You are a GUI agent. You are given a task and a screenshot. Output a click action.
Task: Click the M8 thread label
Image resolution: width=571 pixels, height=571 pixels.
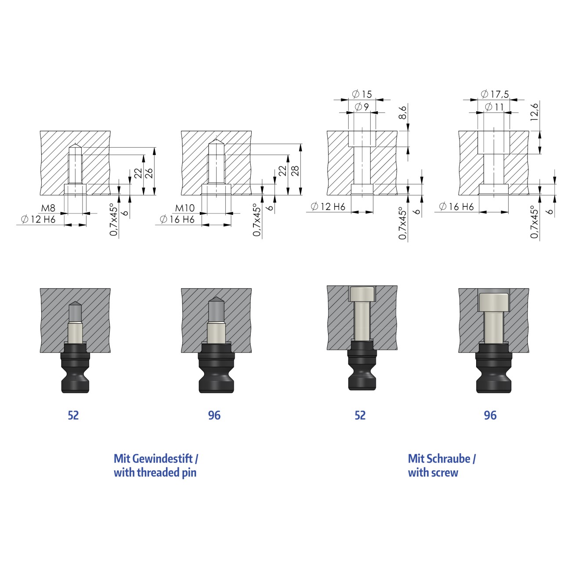click(48, 208)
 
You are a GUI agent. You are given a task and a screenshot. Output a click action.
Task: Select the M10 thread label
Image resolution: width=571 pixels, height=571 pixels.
click(184, 208)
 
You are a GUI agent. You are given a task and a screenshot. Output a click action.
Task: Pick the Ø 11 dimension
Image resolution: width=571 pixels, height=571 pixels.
click(494, 107)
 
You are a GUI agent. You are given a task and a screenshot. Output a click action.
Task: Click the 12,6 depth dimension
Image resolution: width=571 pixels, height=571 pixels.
click(535, 112)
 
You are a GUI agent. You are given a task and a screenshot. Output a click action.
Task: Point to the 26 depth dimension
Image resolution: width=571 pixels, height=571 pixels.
click(149, 173)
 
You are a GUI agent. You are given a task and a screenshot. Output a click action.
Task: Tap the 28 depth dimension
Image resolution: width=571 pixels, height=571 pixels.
click(295, 170)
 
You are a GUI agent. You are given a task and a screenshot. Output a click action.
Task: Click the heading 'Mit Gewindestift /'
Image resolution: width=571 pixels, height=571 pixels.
click(156, 459)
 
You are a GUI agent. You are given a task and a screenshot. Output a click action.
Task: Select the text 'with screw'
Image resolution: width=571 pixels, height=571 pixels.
click(433, 473)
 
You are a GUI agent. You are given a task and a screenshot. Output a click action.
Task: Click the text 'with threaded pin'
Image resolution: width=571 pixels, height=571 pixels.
click(155, 473)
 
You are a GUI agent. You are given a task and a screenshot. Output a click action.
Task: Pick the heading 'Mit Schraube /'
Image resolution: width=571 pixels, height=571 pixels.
click(441, 459)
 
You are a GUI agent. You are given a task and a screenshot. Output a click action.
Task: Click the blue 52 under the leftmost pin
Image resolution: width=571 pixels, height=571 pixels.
click(73, 416)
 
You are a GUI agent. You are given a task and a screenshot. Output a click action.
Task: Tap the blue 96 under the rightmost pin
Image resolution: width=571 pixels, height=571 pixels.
click(490, 416)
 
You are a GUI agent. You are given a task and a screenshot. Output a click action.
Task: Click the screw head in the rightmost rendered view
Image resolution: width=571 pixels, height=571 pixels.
click(494, 302)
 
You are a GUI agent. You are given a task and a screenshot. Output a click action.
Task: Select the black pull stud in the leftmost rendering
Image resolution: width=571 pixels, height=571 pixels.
click(76, 369)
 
